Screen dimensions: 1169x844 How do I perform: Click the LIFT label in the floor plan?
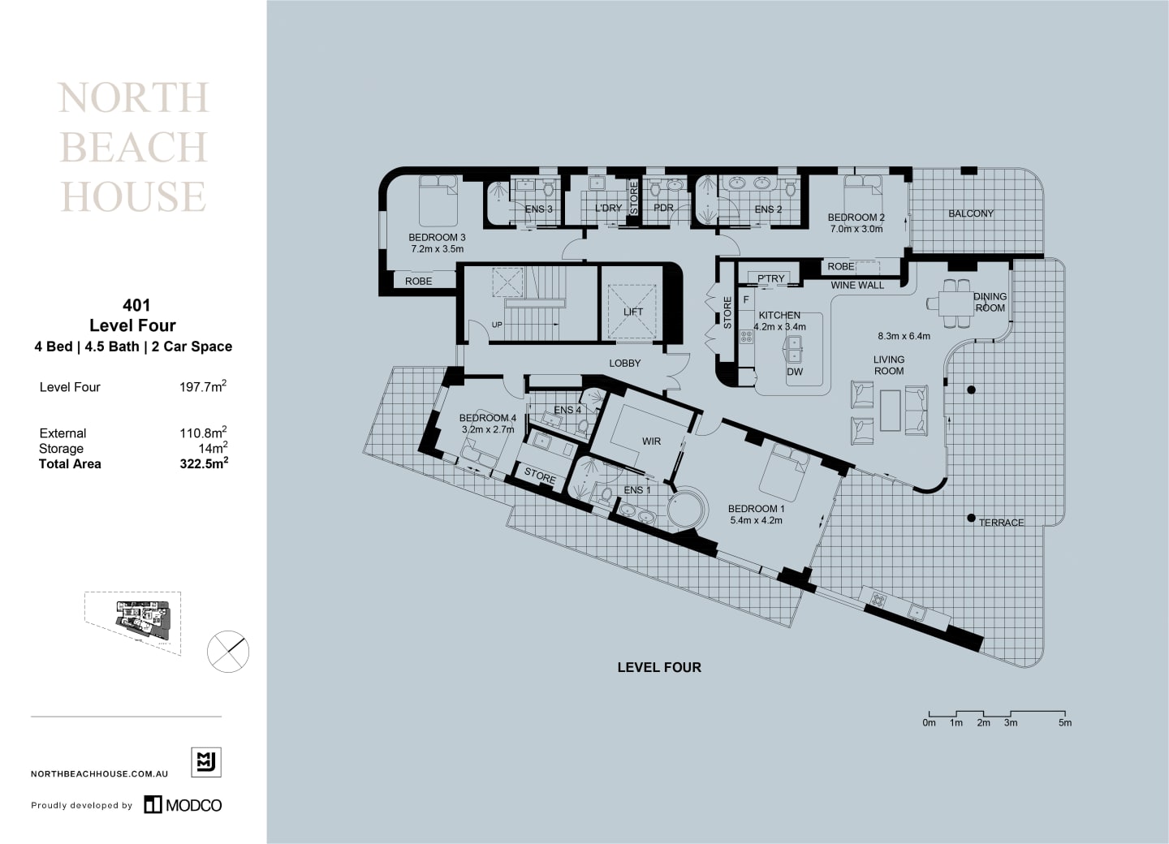[x=633, y=312]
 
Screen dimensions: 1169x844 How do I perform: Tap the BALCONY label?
[x=971, y=213]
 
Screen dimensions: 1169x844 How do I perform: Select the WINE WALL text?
[x=857, y=285]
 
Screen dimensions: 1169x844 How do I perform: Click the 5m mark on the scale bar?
[x=1064, y=722]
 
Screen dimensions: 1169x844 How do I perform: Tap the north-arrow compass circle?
[x=228, y=652]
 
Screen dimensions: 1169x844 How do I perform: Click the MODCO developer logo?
[x=183, y=805]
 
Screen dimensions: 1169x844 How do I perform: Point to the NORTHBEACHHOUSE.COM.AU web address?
[x=99, y=774]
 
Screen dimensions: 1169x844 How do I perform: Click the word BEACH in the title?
[x=134, y=148]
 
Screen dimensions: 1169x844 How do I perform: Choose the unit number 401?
[x=136, y=305]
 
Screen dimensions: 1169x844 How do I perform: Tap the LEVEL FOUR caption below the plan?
[x=659, y=667]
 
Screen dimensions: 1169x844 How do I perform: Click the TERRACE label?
[x=1001, y=523]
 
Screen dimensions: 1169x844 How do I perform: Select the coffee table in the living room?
[x=891, y=410]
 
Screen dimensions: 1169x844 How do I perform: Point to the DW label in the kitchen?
[x=795, y=372]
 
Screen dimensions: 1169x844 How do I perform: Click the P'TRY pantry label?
[x=771, y=278]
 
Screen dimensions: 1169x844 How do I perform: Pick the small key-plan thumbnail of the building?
[x=133, y=622]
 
